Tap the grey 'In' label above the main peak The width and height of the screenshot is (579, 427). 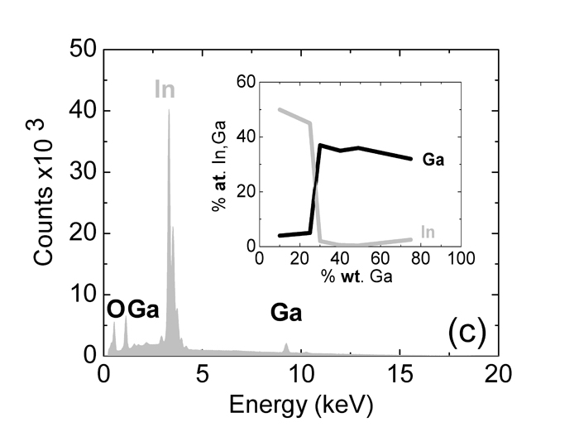point(165,89)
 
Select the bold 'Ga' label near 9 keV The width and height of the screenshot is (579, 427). point(285,314)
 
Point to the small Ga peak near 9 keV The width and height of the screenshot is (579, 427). point(285,346)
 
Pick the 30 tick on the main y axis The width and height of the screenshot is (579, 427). point(83,172)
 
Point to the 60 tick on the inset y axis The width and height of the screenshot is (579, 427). point(242,81)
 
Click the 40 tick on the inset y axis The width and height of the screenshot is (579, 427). point(242,137)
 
